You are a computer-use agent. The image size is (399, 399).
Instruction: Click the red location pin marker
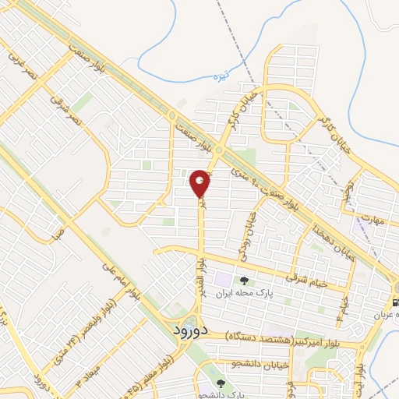pos(200,183)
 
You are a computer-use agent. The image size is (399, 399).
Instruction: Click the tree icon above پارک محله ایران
pos(245,281)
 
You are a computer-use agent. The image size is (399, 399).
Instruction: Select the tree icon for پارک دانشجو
pos(220,383)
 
